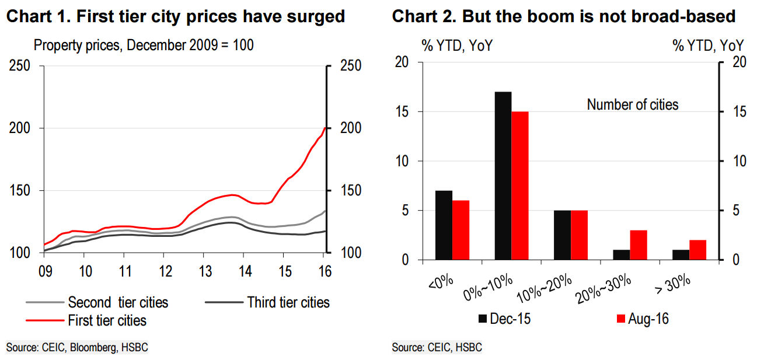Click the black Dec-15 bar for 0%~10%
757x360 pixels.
tap(503, 176)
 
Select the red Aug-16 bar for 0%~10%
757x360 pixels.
tap(519, 186)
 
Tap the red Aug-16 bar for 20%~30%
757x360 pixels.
tap(639, 245)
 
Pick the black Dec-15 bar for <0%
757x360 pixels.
tap(444, 225)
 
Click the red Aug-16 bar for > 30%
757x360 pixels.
tap(697, 250)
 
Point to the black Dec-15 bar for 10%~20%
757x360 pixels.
tap(563, 235)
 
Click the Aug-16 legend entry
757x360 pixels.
tap(643, 319)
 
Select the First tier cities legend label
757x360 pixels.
tap(107, 320)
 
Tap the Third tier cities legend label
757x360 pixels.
tap(288, 302)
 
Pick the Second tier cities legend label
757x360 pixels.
tap(118, 302)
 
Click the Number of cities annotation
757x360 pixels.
tap(633, 105)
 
